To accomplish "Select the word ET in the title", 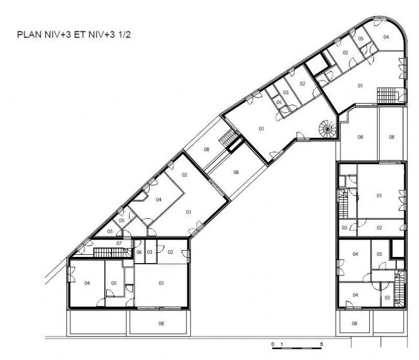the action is [x=80, y=35].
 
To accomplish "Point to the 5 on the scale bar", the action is [x=322, y=344].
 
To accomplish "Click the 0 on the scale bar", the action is [x=273, y=344].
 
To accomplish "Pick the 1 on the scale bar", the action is [x=281, y=344].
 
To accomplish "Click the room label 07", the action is [x=119, y=243].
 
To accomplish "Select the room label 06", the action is [x=139, y=252].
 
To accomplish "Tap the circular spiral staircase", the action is [x=327, y=128].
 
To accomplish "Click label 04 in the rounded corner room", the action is [x=386, y=37].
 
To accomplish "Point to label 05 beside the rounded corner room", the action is [x=361, y=39].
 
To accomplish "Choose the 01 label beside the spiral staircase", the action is [x=261, y=129].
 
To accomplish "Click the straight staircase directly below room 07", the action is [x=109, y=253].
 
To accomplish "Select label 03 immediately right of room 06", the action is [x=149, y=252].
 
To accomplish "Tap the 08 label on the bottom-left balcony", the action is [x=161, y=324].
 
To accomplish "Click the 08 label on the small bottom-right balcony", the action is [x=355, y=324].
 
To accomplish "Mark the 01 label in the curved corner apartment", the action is [x=360, y=86].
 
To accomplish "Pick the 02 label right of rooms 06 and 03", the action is [x=170, y=252].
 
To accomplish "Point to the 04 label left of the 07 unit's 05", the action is [x=87, y=283].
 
